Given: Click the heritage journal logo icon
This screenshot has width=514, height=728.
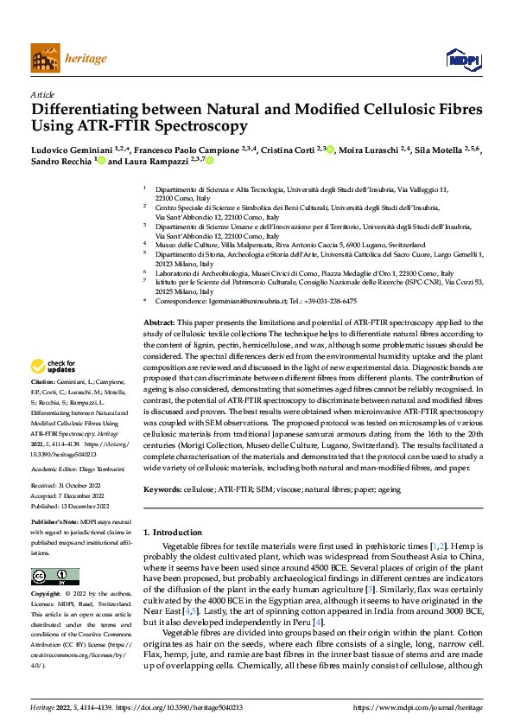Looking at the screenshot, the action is click(45, 58).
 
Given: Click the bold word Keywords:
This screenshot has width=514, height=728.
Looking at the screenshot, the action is click(163, 489).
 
